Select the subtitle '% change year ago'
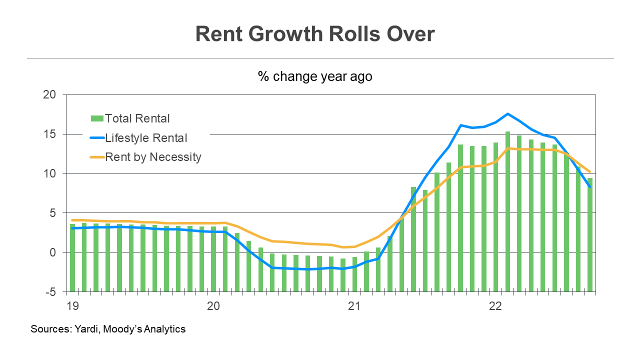[x=315, y=76]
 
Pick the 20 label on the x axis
[x=213, y=305]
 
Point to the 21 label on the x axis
[x=354, y=305]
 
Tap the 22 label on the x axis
[x=495, y=305]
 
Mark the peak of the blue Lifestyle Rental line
[x=507, y=114]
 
